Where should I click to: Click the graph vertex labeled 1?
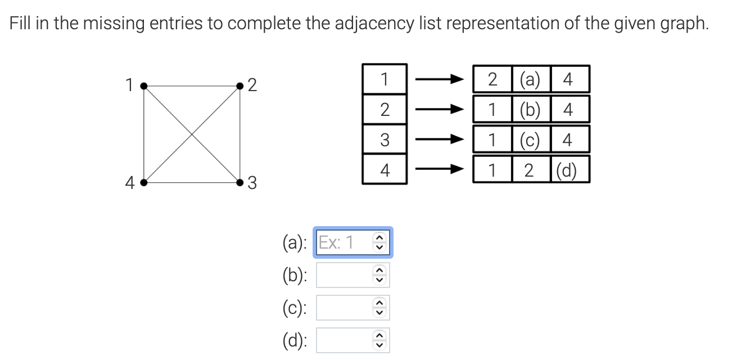pyautogui.click(x=144, y=86)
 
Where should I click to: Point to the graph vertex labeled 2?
pyautogui.click(x=240, y=86)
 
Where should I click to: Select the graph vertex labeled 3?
pyautogui.click(x=240, y=182)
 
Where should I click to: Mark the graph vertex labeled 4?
pyautogui.click(x=144, y=182)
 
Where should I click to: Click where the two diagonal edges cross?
pyautogui.click(x=192, y=134)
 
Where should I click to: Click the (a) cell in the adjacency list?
pyautogui.click(x=531, y=79)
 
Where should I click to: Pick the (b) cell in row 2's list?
pyautogui.click(x=531, y=109)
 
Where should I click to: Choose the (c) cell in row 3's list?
pyautogui.click(x=531, y=139)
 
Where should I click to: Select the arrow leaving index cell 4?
pyautogui.click(x=439, y=169)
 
